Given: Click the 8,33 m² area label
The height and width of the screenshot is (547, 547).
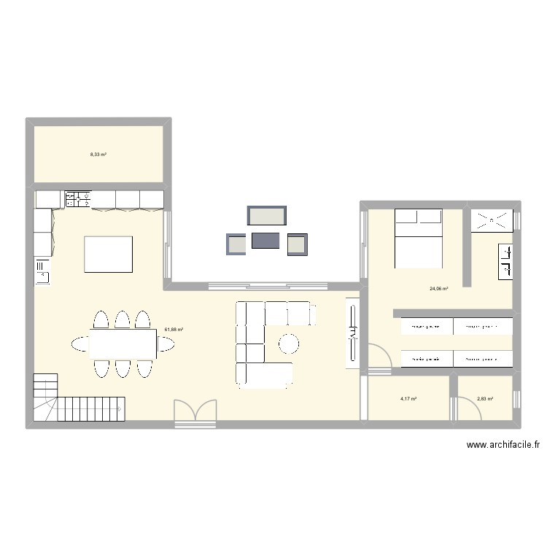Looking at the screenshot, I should click(x=98, y=155).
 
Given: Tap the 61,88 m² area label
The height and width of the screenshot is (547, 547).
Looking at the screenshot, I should click(x=174, y=330).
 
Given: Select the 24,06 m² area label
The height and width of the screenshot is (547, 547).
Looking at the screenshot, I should click(x=438, y=289).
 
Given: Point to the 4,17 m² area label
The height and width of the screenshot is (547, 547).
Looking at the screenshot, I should click(x=408, y=399).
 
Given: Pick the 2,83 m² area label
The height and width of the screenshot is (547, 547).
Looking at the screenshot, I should click(x=485, y=399).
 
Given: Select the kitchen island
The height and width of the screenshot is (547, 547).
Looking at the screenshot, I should click(x=109, y=254).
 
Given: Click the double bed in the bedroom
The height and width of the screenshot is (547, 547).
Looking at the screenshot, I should click(x=419, y=238).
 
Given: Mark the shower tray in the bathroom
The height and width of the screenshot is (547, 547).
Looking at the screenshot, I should click(x=492, y=220).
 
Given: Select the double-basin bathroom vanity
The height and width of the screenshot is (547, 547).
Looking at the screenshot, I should click(x=505, y=261).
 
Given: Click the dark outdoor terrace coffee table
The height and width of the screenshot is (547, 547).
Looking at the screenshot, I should click(x=266, y=241).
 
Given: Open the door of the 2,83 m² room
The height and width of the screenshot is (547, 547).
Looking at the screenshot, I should click(x=468, y=408).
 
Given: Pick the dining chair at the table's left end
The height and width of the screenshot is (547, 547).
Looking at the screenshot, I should click(x=78, y=343).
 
